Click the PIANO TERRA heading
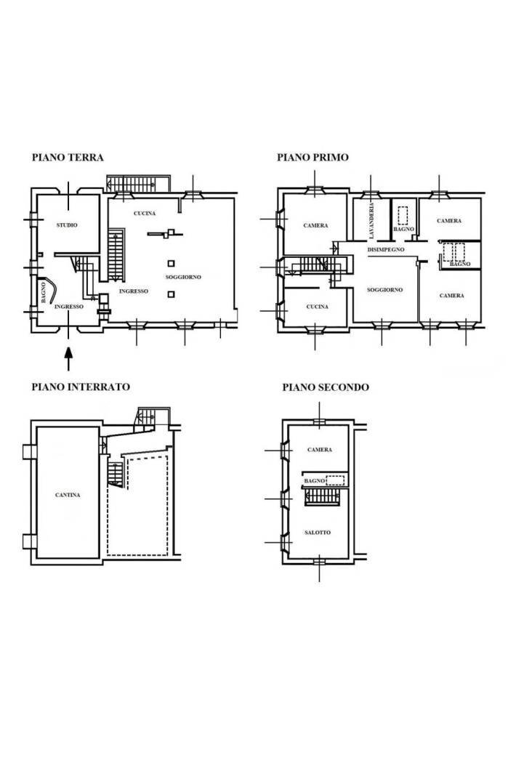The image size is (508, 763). click(68, 157)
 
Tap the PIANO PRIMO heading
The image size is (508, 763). click(313, 157)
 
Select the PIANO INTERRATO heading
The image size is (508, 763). click(81, 387)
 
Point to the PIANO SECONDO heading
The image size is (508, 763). click(326, 387)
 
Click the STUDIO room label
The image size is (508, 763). click(67, 225)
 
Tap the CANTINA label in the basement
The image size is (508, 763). click(67, 496)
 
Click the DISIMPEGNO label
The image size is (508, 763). click(385, 249)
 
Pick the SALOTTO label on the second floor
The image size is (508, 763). click(318, 533)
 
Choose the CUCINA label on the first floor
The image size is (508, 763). click(316, 307)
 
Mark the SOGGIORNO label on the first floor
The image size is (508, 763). click(385, 289)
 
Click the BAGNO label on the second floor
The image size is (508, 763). click(314, 481)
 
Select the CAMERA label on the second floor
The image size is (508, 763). click(319, 450)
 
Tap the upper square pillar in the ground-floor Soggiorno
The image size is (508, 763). click(171, 264)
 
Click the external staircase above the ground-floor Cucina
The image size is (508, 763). click(137, 182)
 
